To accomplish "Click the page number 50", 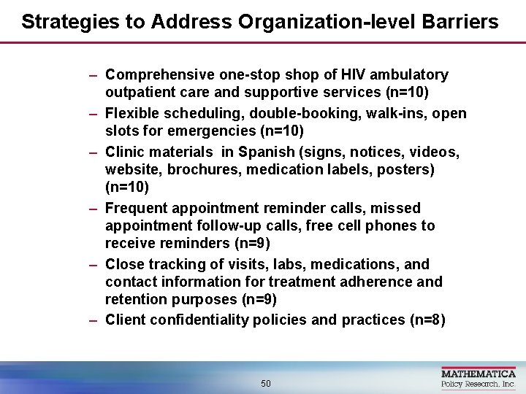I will point(265,383).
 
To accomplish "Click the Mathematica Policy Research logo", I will point(478,376).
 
